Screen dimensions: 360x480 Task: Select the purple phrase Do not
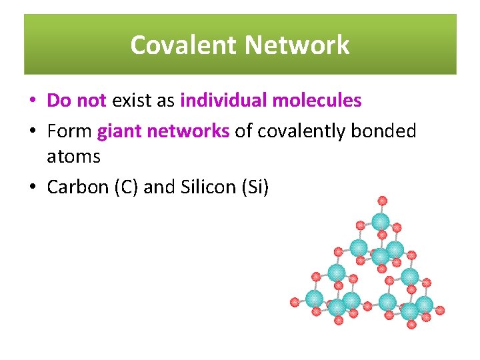(77, 101)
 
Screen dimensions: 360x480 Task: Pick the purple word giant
(119, 131)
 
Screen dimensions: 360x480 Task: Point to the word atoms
(73, 157)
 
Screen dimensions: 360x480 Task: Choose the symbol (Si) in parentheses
(254, 187)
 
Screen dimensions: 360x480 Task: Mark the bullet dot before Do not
(33, 101)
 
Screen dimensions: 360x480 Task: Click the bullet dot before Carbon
(33, 188)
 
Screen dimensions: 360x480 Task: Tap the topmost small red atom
(382, 200)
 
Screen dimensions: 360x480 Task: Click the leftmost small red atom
(295, 302)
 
